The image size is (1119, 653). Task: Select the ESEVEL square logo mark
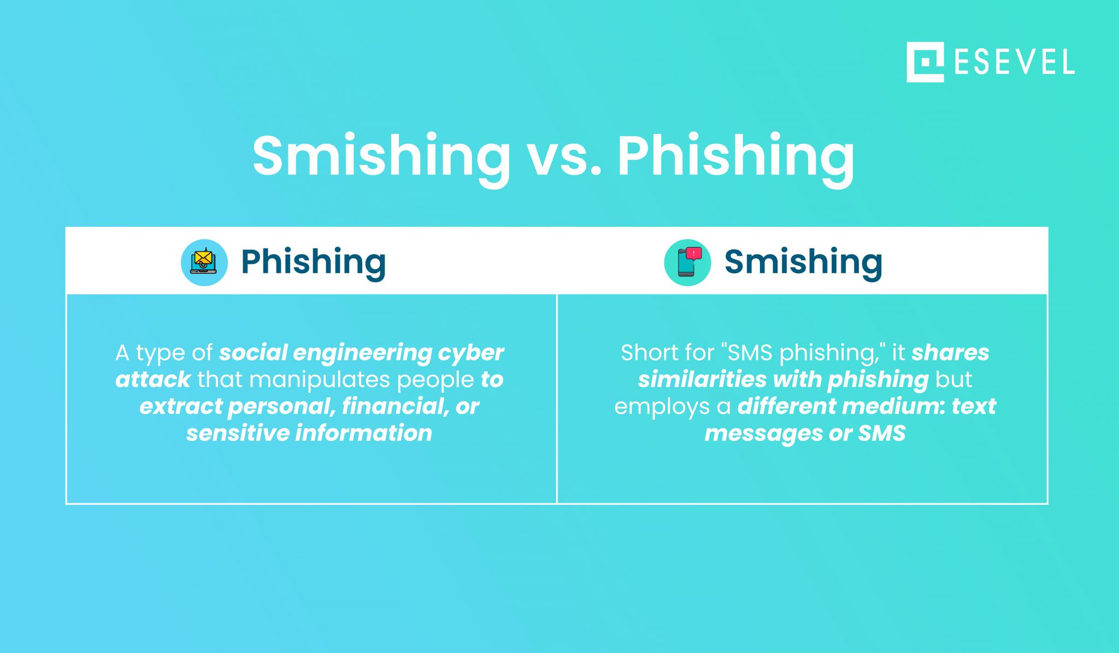924,62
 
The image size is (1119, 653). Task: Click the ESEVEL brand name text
1014,62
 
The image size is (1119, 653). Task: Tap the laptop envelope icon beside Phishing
204,262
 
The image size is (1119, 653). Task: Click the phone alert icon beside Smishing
687,262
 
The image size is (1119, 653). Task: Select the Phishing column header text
313,262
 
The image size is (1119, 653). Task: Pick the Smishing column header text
803,262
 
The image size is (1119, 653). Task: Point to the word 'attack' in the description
152,380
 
